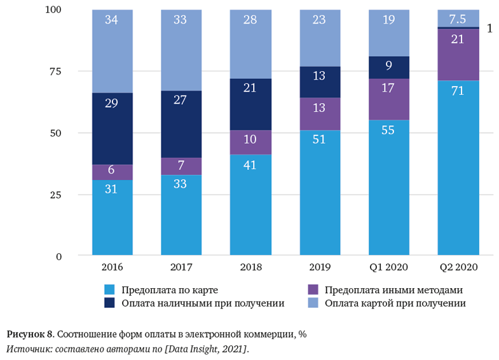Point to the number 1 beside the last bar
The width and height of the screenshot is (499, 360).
pyautogui.click(x=489, y=29)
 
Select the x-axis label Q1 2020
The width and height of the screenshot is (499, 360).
pyautogui.click(x=388, y=267)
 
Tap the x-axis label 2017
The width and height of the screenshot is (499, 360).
pyautogui.click(x=181, y=267)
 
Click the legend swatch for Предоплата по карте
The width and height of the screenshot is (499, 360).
pyautogui.click(x=109, y=290)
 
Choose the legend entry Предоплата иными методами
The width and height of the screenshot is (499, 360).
pyautogui.click(x=393, y=290)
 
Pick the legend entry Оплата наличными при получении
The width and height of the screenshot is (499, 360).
pyautogui.click(x=203, y=303)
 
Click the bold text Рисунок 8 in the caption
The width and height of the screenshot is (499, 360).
pyautogui.click(x=29, y=334)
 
